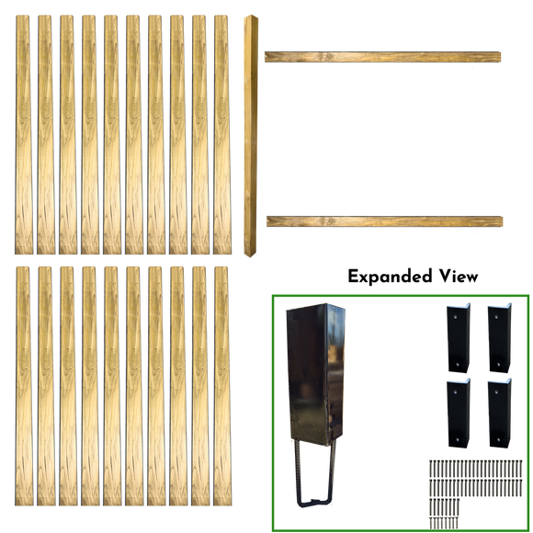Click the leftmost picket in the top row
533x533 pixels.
23,133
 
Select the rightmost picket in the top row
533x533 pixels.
221,133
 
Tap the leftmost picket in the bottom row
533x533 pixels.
23,386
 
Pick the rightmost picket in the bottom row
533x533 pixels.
221,386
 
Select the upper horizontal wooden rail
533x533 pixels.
382,57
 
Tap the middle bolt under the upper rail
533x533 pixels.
451,69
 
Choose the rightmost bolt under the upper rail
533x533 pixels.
472,69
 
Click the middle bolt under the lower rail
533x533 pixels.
452,233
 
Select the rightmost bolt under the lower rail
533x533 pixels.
473,233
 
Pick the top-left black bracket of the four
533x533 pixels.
458,335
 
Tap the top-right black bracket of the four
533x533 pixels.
499,335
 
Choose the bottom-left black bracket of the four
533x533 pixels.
458,410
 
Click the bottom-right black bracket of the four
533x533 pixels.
499,410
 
